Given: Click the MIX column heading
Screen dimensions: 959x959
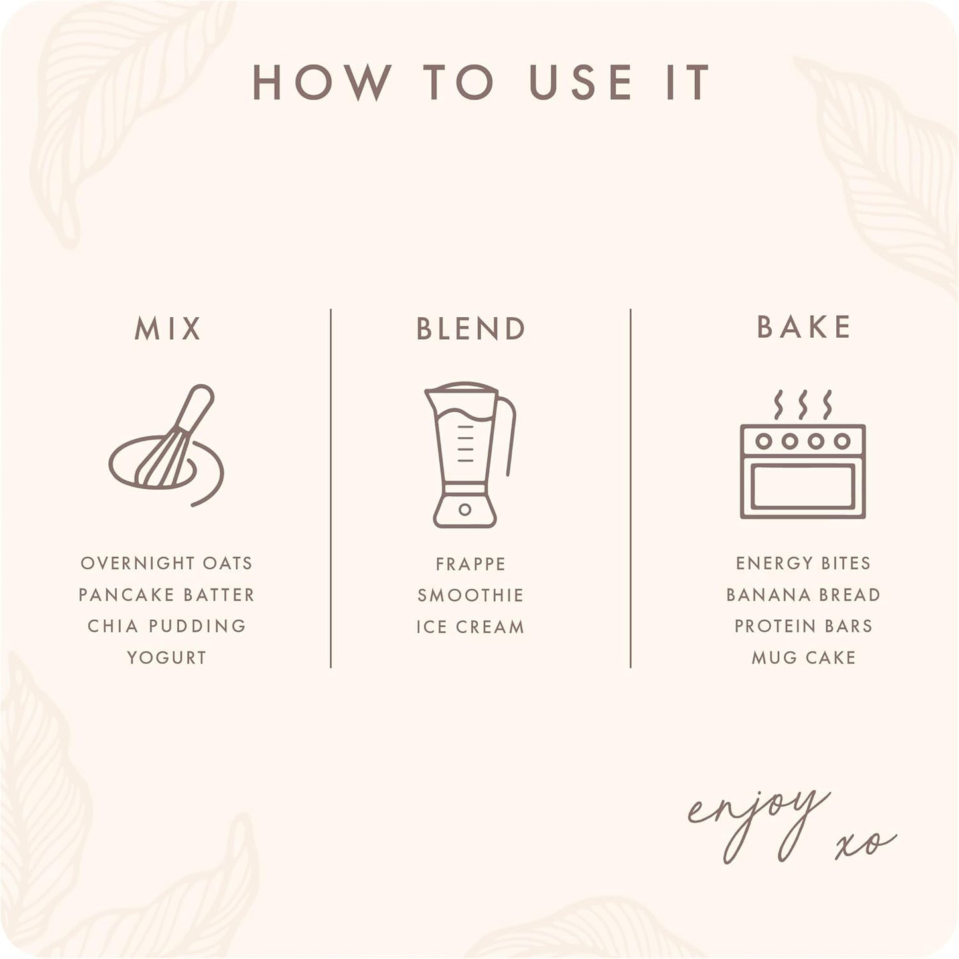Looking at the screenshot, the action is coord(168,329).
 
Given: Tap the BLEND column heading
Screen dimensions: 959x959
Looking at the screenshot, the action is coord(471,329).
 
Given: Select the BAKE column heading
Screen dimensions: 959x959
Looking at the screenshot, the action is coord(803,327).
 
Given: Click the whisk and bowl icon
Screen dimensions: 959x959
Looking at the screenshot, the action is coord(166,445).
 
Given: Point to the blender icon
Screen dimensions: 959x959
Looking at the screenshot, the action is coord(469,455).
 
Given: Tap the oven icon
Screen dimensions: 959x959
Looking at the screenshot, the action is coord(803,455).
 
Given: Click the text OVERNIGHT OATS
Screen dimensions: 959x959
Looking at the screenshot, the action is coord(166,563).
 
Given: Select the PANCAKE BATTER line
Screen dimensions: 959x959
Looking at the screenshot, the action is coord(166,595).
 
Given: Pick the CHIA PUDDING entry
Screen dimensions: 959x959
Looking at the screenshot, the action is coord(166,626).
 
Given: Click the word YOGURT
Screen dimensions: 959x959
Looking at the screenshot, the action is coord(166,658).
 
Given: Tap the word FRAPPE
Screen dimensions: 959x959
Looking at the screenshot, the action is coord(471,564).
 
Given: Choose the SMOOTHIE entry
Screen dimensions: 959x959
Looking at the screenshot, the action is coord(471,595).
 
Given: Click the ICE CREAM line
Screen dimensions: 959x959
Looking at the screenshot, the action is coord(471,627).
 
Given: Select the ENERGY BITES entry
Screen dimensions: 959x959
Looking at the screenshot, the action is coord(803,563).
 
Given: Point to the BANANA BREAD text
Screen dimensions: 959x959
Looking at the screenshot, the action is coord(803,595).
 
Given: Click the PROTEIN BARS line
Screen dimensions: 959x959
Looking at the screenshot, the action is coord(803,626).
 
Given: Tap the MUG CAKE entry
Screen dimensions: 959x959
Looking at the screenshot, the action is coord(803,658).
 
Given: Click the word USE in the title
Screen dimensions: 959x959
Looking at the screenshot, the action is coord(580,82).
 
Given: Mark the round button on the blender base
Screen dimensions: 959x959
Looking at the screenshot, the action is coord(465,509).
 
